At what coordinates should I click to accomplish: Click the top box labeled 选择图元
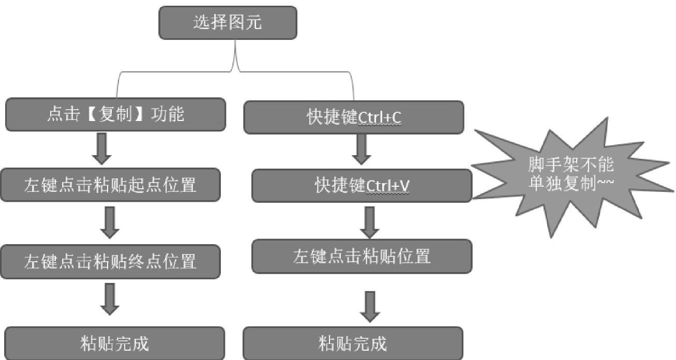coord(228,23)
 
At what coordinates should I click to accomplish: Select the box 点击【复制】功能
coord(115,114)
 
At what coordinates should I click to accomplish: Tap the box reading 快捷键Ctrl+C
coord(353,117)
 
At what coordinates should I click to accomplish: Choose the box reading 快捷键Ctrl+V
coord(362,186)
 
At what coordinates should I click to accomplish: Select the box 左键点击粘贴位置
coord(362,256)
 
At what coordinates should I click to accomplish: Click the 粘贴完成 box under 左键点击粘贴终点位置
coord(114,343)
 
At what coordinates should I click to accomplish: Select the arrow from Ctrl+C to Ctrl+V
coord(362,151)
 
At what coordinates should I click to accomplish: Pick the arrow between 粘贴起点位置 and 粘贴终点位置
coord(109,223)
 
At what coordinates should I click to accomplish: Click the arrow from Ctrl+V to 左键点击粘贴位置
coord(369,222)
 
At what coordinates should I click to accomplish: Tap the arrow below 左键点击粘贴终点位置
coord(109,299)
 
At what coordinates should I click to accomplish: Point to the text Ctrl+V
coord(387,186)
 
